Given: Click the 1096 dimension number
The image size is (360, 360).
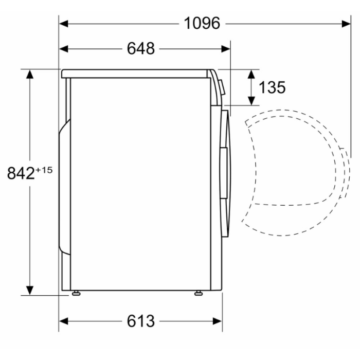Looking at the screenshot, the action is pyautogui.click(x=202, y=23).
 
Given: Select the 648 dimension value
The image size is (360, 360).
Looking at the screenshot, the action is pyautogui.click(x=141, y=49).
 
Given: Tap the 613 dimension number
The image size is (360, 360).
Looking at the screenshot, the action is pyautogui.click(x=141, y=321).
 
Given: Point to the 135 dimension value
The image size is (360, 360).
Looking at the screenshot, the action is pyautogui.click(x=272, y=87).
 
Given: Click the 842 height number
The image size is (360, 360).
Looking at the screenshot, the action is pyautogui.click(x=21, y=173).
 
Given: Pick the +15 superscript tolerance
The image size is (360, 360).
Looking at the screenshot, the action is pyautogui.click(x=44, y=170).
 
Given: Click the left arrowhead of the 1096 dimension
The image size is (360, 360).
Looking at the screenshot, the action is pyautogui.click(x=64, y=24).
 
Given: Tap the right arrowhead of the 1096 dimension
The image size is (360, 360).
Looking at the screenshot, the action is pyautogui.click(x=346, y=24).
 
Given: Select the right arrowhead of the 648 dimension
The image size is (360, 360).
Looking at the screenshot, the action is pyautogui.click(x=225, y=49).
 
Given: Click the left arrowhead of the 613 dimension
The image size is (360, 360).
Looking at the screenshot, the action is pyautogui.click(x=64, y=321).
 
